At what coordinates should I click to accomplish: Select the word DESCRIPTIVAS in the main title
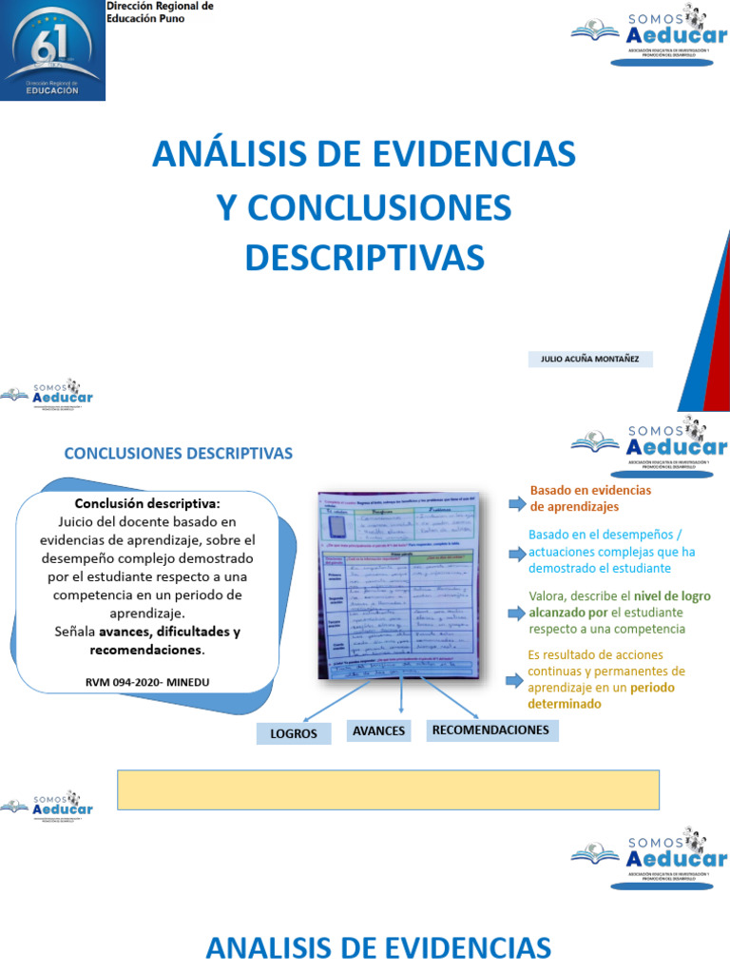(x=364, y=257)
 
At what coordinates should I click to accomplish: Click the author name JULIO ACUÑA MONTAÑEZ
(x=590, y=360)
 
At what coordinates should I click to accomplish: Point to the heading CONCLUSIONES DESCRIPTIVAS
(x=179, y=454)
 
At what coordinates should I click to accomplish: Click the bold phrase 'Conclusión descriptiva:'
(x=146, y=503)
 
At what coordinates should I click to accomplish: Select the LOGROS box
(x=294, y=733)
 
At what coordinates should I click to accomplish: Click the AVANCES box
(x=379, y=730)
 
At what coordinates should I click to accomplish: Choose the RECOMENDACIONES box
(x=490, y=730)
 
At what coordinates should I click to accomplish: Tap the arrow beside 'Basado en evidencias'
(x=516, y=498)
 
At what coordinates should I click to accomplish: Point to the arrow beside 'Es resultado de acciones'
(x=516, y=679)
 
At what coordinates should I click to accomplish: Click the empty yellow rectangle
(x=388, y=789)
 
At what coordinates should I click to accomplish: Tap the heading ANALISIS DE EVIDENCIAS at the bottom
(x=378, y=947)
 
